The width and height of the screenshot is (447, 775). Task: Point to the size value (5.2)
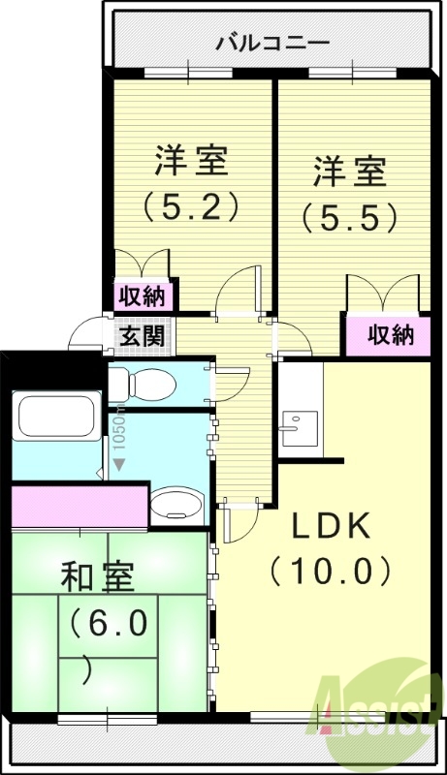pyautogui.click(x=191, y=206)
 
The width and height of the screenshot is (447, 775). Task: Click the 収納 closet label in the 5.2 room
pyautogui.click(x=143, y=295)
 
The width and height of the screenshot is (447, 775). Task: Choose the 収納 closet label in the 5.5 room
pyautogui.click(x=390, y=334)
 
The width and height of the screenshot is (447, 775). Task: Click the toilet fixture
pyautogui.click(x=144, y=385)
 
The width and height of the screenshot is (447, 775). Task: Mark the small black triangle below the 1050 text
pyautogui.click(x=118, y=465)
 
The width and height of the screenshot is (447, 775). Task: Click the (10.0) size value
pyautogui.click(x=333, y=571)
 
